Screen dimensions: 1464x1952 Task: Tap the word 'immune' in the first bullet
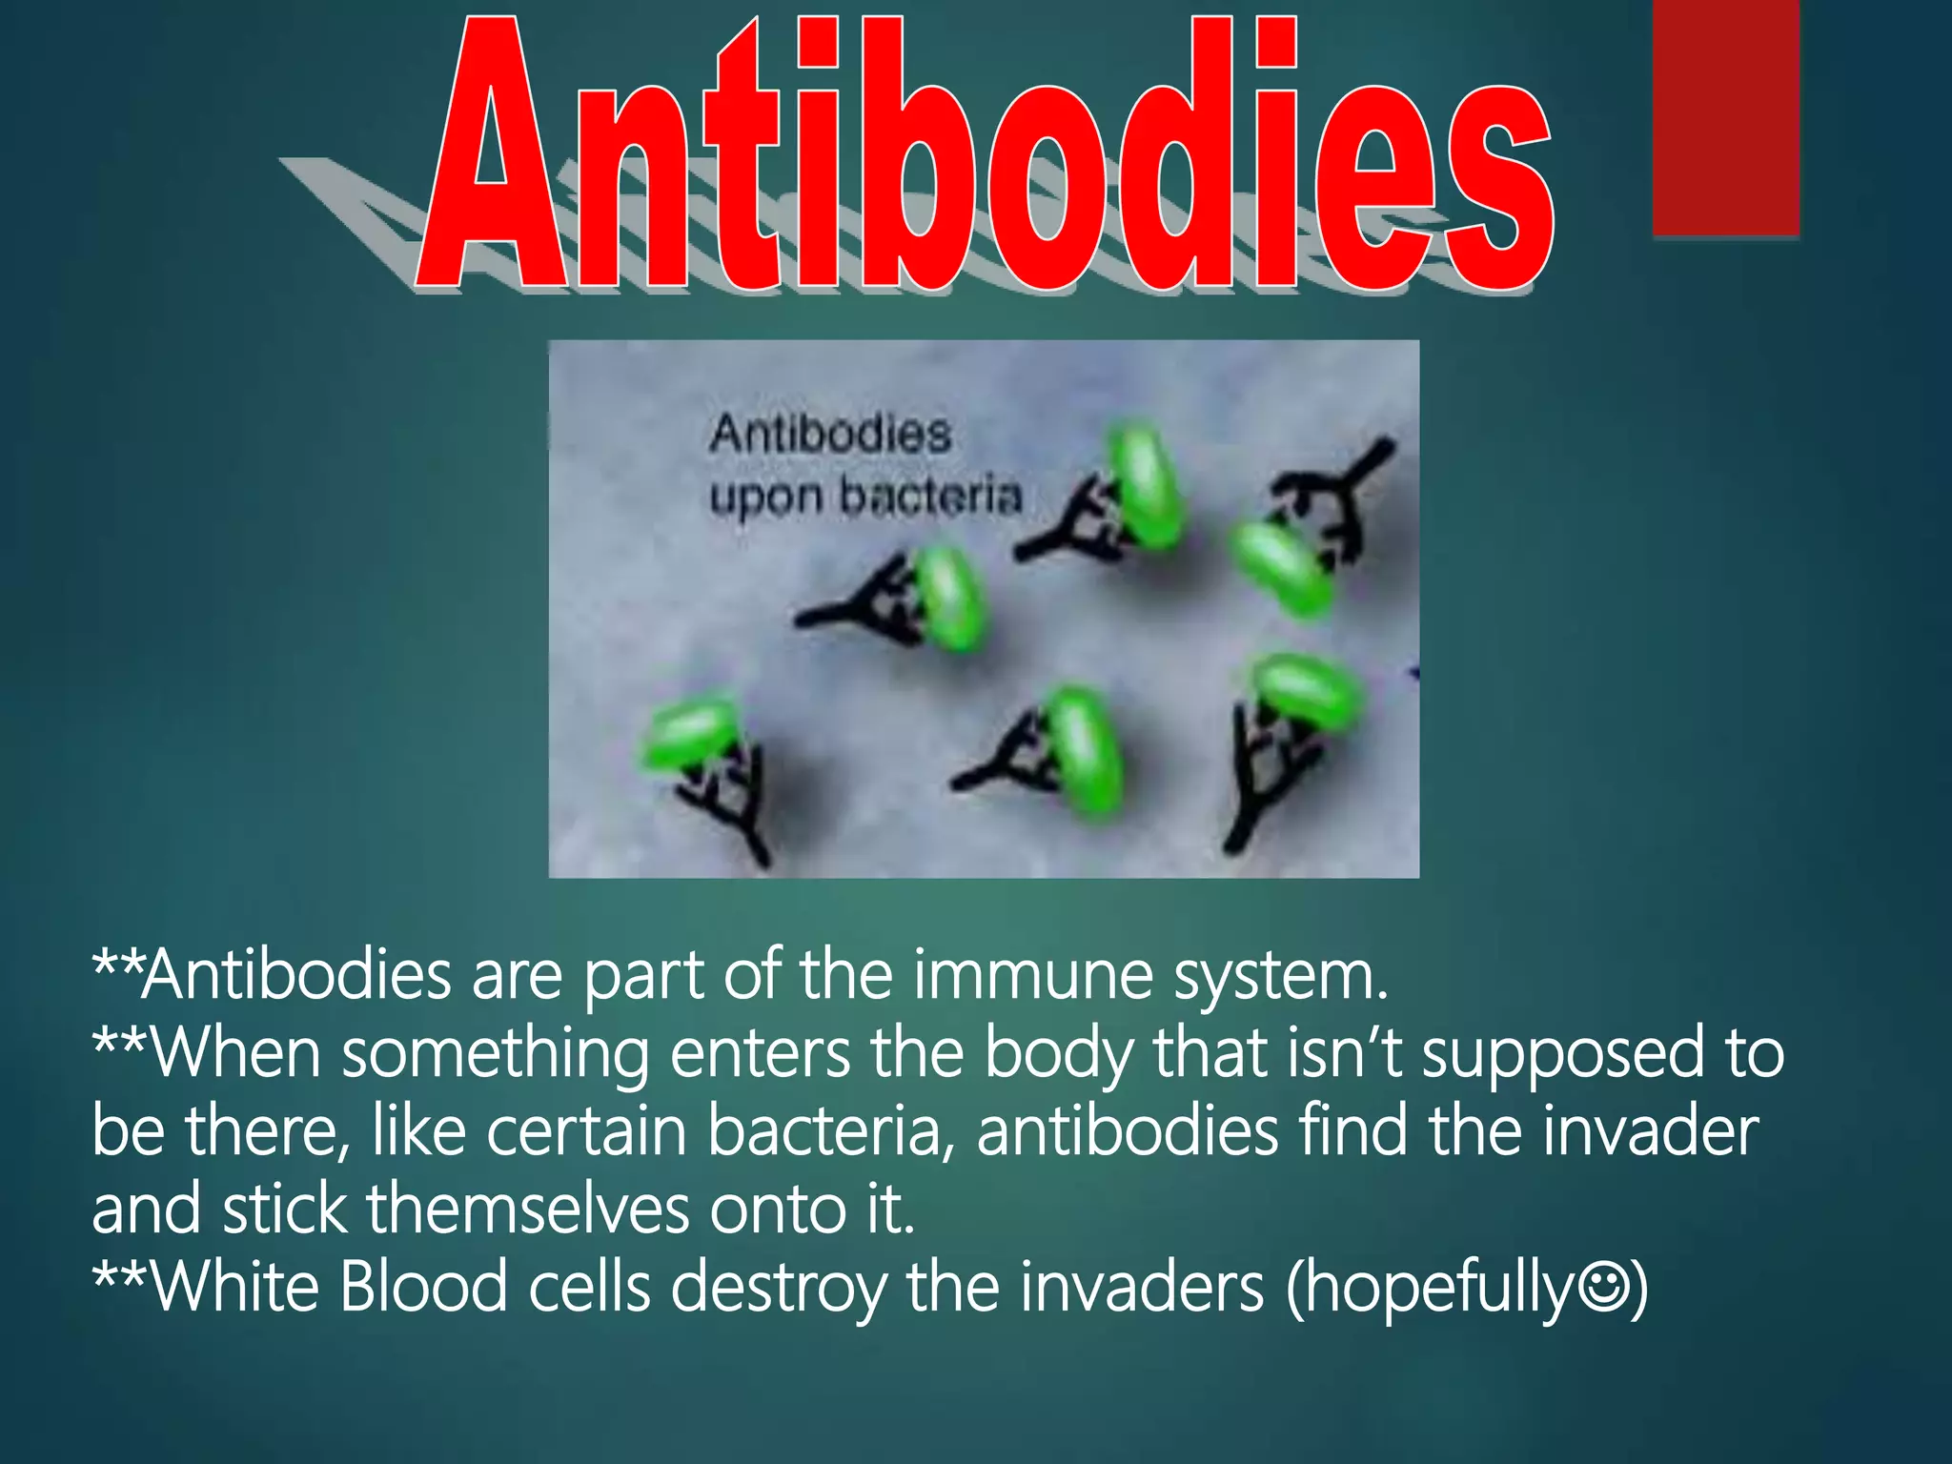[x=1032, y=976]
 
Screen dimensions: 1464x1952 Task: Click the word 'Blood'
[x=423, y=1287]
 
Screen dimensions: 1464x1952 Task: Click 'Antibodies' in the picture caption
[x=830, y=435]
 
